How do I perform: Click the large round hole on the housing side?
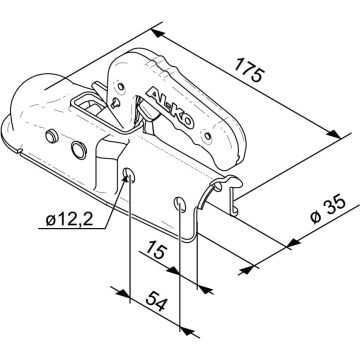pyautogui.click(x=77, y=153)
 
